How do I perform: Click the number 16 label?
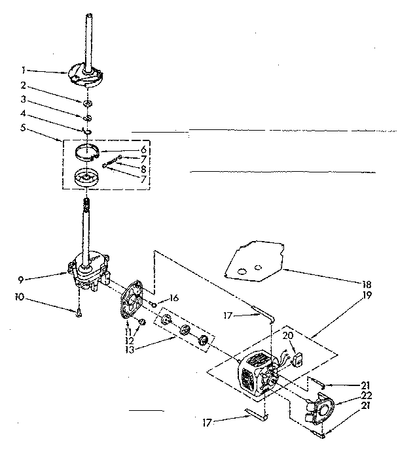(173, 298)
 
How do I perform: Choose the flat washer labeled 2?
(86, 102)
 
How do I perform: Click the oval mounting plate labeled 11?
(133, 301)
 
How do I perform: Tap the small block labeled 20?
(298, 358)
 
